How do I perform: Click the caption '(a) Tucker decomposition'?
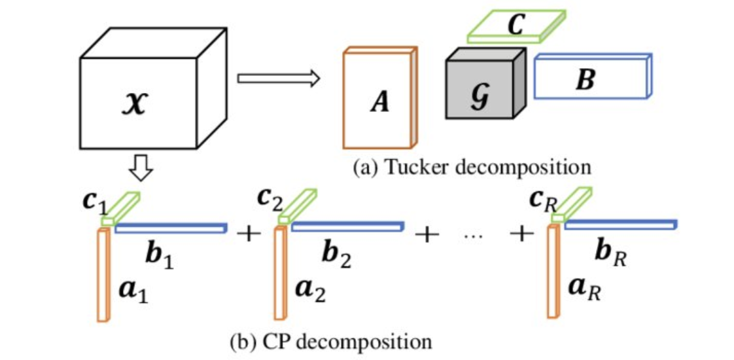click(x=472, y=167)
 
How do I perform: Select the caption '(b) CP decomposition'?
click(x=331, y=342)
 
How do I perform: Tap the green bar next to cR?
click(x=571, y=204)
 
